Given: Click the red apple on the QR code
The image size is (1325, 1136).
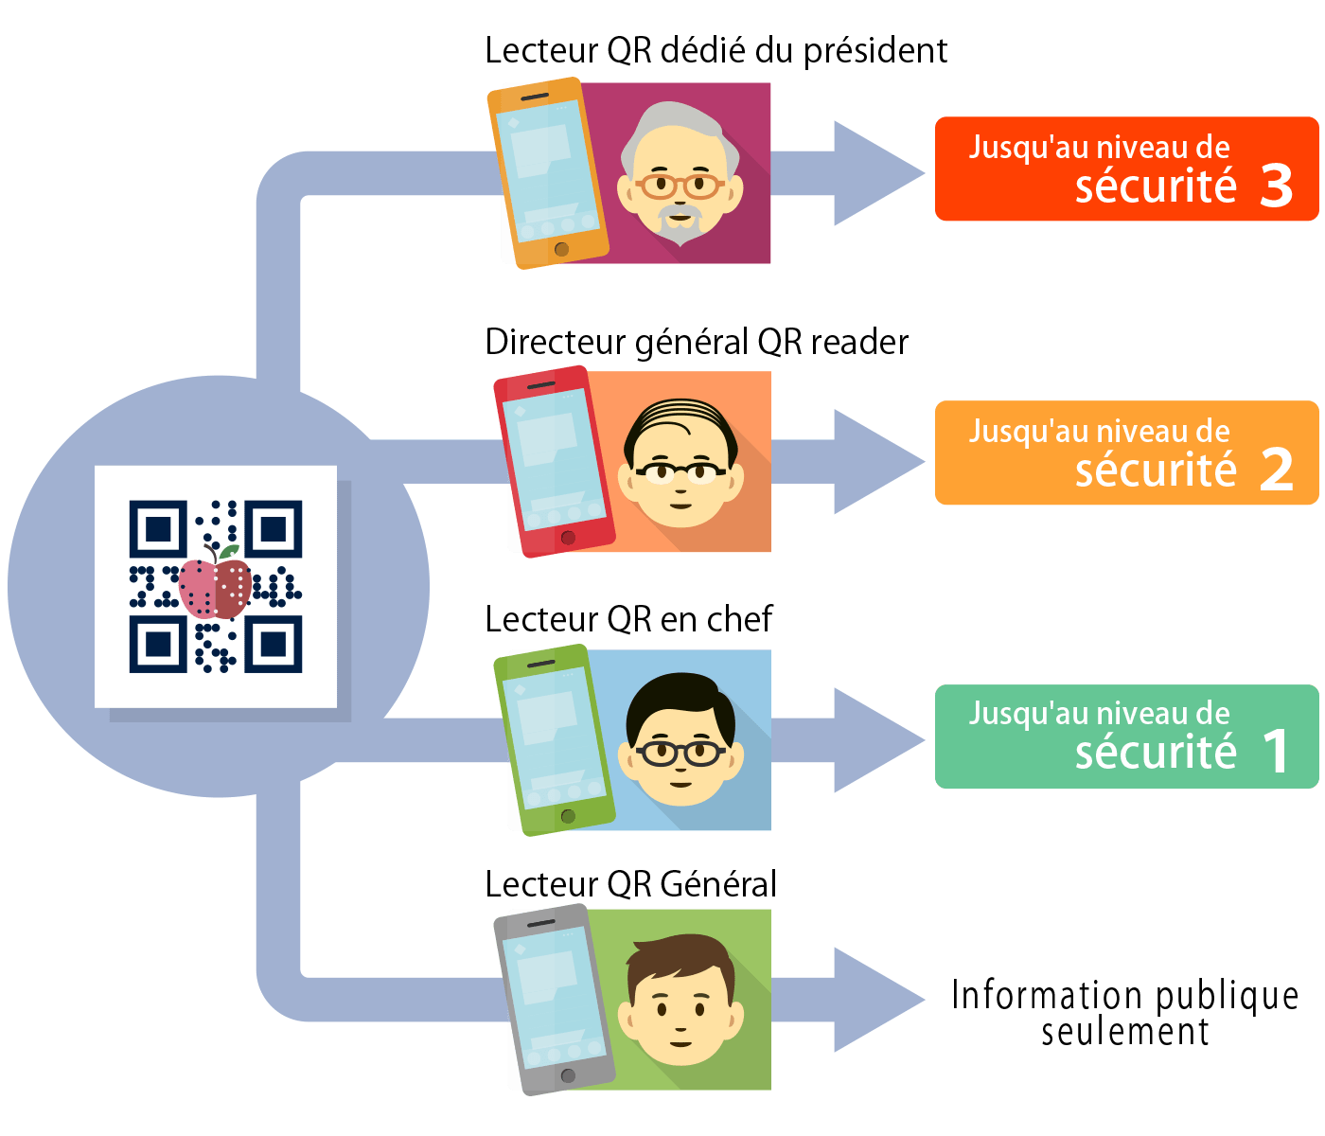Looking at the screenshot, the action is tap(215, 587).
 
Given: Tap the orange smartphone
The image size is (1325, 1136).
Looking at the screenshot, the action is tap(548, 173).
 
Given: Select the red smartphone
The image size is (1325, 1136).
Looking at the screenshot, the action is tap(555, 462).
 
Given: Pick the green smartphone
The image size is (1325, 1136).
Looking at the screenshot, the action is tap(555, 739).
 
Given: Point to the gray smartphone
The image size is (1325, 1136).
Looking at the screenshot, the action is tap(555, 1000).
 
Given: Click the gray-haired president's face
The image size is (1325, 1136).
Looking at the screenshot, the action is tap(680, 174).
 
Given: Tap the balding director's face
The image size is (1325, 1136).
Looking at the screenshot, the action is tap(680, 463).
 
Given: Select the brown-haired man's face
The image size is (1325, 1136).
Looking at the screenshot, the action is tap(680, 1000).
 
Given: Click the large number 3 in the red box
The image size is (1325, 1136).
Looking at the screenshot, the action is tap(1276, 186).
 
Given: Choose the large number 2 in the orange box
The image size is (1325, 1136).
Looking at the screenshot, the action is tap(1276, 470).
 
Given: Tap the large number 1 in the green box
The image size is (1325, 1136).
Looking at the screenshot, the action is tap(1276, 751).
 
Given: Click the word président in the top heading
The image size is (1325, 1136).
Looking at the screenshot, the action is tap(875, 51).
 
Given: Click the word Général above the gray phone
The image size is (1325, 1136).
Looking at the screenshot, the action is tap(718, 883).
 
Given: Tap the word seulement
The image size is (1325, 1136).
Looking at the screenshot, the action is tap(1125, 1032).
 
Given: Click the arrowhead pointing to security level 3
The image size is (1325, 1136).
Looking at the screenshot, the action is tap(879, 173).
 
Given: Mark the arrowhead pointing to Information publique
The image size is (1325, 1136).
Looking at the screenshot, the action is tap(879, 1000).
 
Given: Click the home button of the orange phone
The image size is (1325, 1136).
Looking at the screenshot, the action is tap(561, 249).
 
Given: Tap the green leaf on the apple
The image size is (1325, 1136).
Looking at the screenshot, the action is tap(229, 551).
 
